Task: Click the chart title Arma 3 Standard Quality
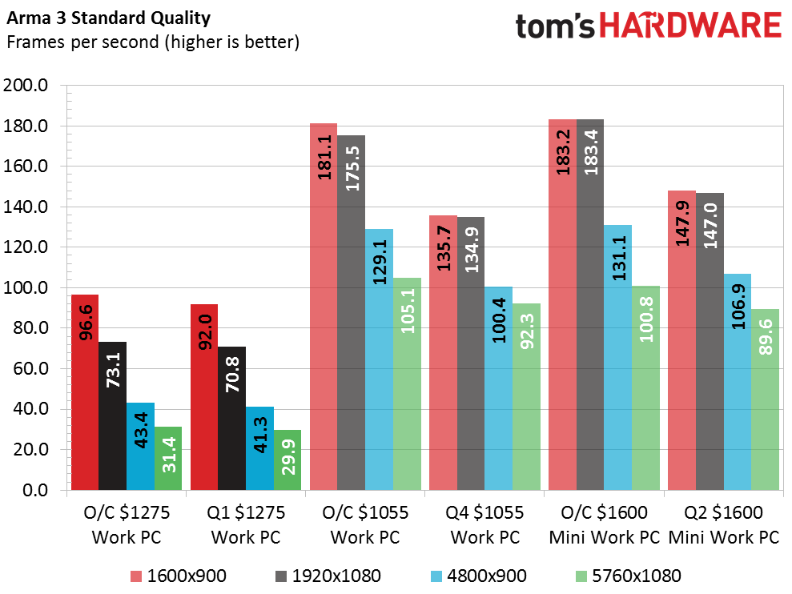click(x=109, y=18)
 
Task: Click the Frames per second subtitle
click(x=153, y=42)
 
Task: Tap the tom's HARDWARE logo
click(x=649, y=26)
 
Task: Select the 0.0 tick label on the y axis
click(x=35, y=490)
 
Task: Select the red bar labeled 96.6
click(x=85, y=392)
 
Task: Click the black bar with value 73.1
click(x=113, y=416)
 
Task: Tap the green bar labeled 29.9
click(x=287, y=460)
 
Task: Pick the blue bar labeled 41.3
click(x=259, y=448)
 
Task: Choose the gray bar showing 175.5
click(x=351, y=313)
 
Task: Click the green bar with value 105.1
click(x=407, y=384)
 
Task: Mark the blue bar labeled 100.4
click(x=499, y=388)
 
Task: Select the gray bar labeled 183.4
click(x=590, y=304)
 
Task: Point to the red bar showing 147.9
click(x=681, y=340)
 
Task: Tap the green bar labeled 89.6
click(x=766, y=399)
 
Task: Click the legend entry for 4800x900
click(x=479, y=576)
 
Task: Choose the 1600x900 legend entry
click(x=179, y=576)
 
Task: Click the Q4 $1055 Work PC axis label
click(x=485, y=525)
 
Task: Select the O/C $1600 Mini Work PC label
click(x=604, y=525)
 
